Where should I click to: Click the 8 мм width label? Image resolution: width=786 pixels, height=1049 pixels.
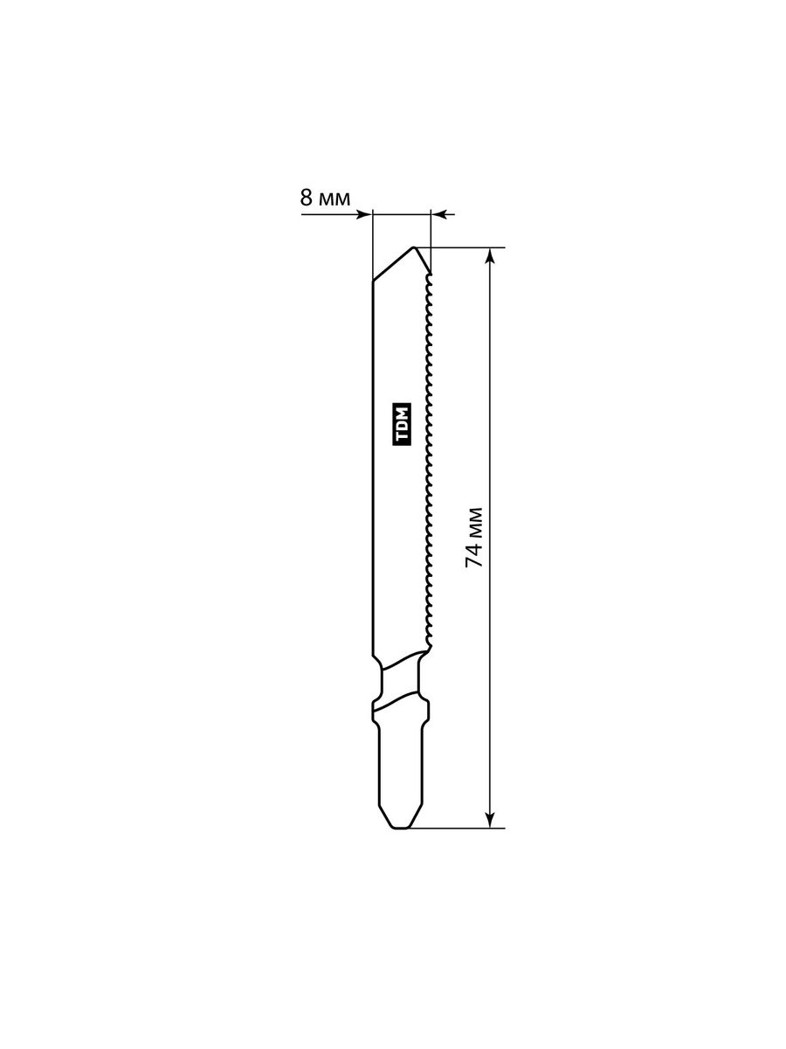click(325, 198)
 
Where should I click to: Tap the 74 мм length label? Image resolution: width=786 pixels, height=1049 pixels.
click(474, 537)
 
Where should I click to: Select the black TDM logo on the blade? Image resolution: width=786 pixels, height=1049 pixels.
click(402, 424)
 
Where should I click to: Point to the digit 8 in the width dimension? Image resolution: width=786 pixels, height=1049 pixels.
click(306, 198)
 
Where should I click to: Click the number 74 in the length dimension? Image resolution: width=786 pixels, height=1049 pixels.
click(474, 554)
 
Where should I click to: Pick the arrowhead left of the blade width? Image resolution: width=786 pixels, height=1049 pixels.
click(363, 214)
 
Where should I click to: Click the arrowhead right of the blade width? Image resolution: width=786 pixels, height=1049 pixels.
click(439, 214)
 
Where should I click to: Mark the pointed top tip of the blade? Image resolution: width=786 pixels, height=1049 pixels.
click(413, 247)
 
